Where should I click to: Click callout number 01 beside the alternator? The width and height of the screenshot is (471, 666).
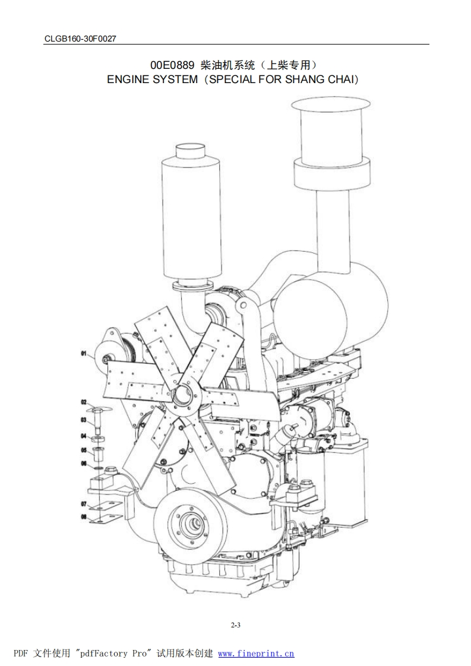(84, 353)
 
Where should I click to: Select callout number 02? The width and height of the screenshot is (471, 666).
(84, 402)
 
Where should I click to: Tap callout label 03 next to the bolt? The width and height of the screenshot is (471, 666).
(84, 420)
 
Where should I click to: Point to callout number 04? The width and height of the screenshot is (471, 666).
(84, 436)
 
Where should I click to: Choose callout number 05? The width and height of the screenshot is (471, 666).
(84, 450)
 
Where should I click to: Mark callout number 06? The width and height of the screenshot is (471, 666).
(84, 464)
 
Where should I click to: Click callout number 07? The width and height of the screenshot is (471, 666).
(84, 504)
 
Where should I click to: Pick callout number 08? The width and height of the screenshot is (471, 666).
(84, 517)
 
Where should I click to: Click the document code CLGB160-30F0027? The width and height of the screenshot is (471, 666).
(80, 39)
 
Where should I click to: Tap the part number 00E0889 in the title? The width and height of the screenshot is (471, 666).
(172, 65)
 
